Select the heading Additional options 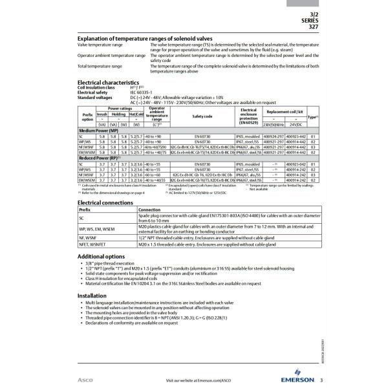tap(102, 256)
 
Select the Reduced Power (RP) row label tap(98, 157)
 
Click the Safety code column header tap(202, 116)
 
